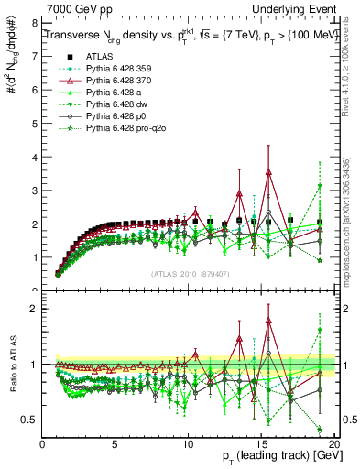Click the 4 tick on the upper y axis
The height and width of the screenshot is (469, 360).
(35, 156)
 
